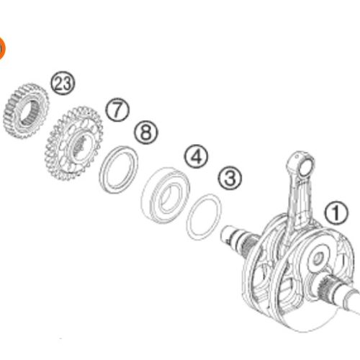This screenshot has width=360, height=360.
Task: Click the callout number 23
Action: point(63,83)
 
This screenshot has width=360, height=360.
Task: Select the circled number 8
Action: point(146,132)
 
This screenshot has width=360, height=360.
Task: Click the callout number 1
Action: point(334,212)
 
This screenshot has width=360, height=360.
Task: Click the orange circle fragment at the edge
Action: point(1,48)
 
